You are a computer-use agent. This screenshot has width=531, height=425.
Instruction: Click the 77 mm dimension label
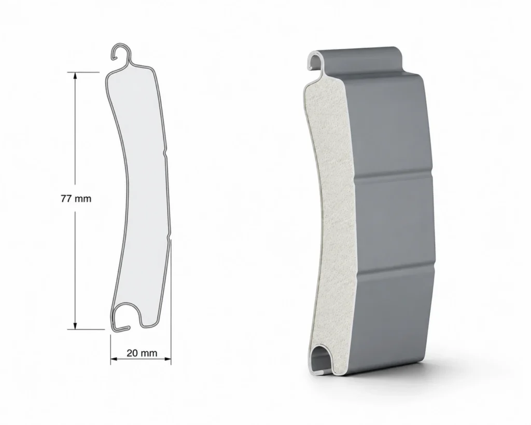tap(76, 199)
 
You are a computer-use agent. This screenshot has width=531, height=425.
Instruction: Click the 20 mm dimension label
tap(142, 353)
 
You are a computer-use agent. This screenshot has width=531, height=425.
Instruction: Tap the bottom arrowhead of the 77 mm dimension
tap(75, 325)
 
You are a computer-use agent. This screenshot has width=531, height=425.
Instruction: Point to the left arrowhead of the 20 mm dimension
tap(115, 359)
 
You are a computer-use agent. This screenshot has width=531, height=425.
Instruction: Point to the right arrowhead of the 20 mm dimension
tap(167, 359)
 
